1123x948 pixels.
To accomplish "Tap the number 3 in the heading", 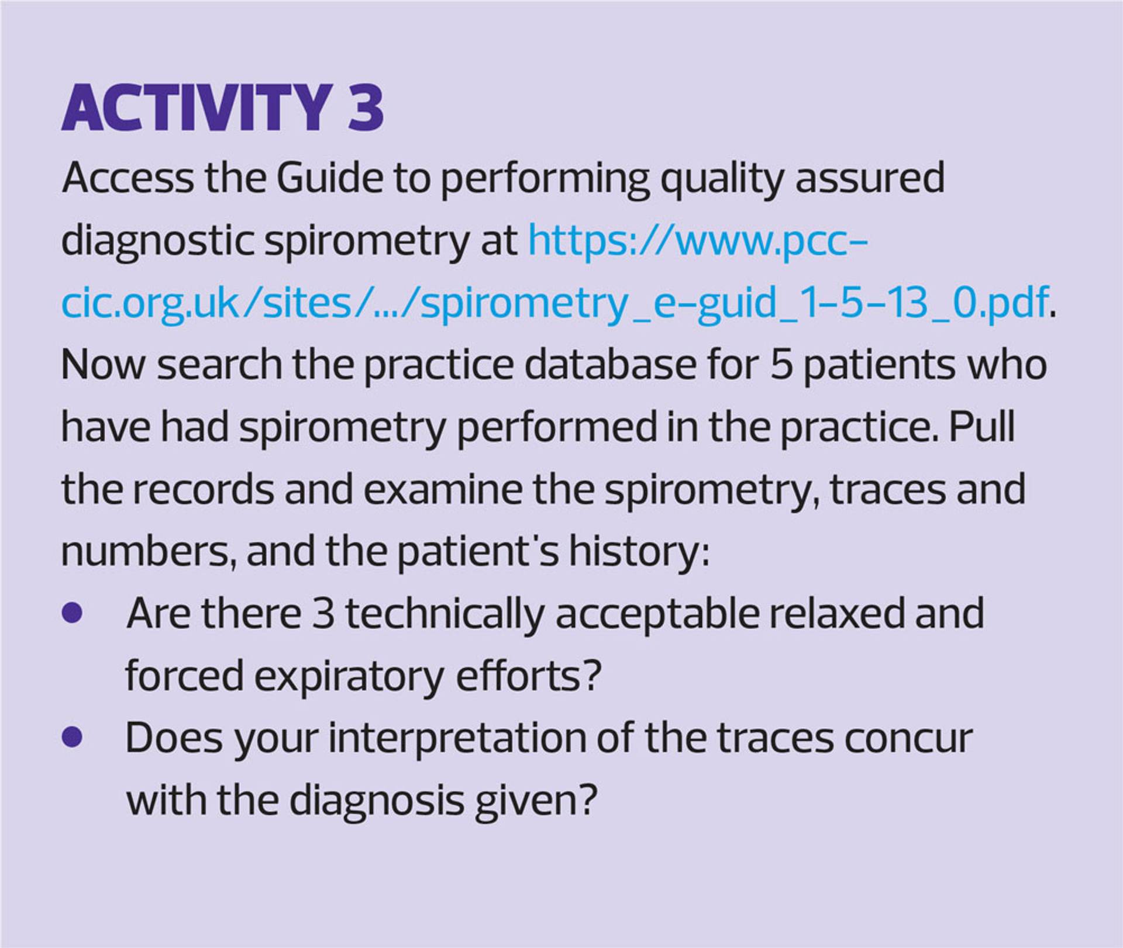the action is coord(366,108).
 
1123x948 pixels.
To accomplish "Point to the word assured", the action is coord(869,179).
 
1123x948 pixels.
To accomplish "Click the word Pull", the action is coord(981,427).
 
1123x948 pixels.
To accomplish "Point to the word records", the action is coord(202,490).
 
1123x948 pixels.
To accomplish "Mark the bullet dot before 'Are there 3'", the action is coord(71,614).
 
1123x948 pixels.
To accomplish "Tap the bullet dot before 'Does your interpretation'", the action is coord(71,738).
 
